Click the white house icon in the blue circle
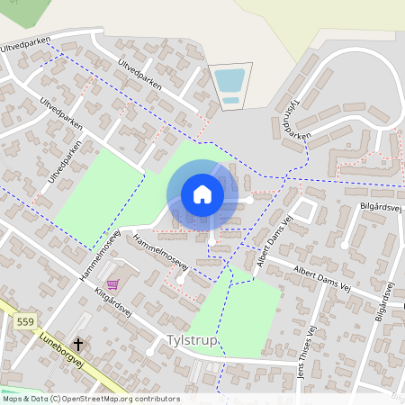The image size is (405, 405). point(202,194)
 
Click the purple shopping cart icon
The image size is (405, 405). point(113,283)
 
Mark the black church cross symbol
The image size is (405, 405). point(78,344)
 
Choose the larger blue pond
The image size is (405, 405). point(229,80)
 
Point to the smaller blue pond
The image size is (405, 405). point(231,99)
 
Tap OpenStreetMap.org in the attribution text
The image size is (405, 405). point(97,398)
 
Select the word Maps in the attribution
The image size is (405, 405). point(13,398)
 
